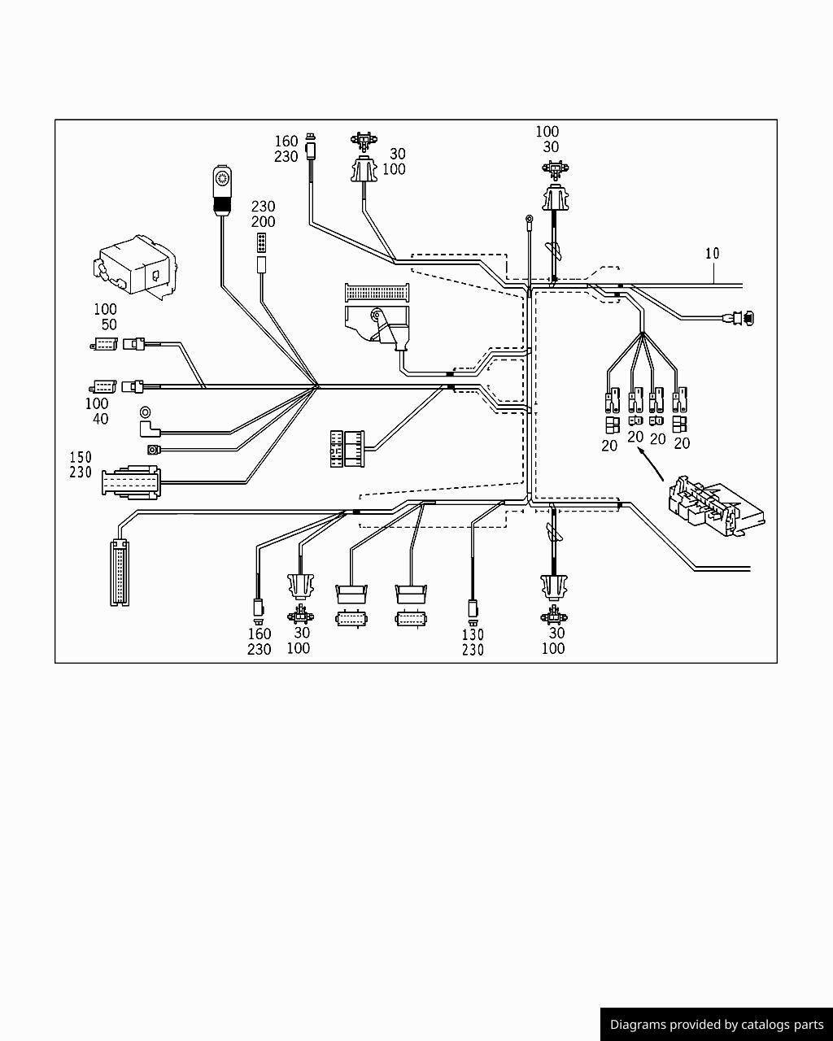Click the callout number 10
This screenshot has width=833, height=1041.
712,254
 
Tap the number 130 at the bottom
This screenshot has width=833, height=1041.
473,634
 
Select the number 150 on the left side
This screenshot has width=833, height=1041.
81,457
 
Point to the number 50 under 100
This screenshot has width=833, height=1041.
109,324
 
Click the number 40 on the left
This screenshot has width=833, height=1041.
100,419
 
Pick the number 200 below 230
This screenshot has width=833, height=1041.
263,222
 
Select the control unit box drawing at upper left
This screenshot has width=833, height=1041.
136,264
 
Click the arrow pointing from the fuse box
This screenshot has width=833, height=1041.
652,464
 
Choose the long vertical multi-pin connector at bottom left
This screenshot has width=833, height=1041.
120,574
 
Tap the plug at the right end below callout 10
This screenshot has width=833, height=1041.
742,318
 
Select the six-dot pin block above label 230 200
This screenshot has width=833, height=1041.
262,242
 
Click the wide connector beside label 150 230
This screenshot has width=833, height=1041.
131,481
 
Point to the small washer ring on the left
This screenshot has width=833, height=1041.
146,412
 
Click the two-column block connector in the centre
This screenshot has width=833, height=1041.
347,448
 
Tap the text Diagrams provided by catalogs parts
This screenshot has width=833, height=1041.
717,1025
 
